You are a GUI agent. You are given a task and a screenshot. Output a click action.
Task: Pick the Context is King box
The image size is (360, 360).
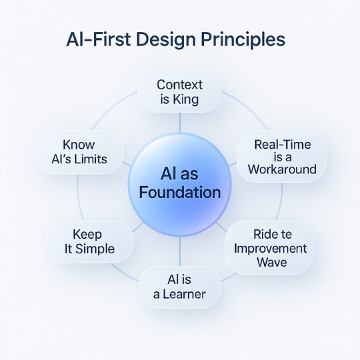point(179,94)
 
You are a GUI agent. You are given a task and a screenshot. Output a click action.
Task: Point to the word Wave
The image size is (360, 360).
point(271,262)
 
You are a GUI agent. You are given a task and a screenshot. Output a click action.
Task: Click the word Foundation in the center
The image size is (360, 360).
point(180,193)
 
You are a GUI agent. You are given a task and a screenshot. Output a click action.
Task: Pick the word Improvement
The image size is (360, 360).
point(271,248)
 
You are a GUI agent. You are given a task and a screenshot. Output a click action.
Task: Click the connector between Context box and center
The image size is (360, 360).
point(180,122)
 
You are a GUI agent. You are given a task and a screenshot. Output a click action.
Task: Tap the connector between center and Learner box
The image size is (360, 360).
point(180,253)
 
